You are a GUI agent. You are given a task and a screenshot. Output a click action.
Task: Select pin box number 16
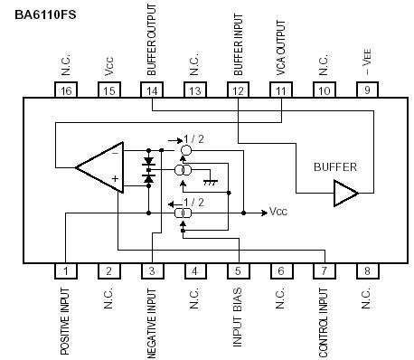pyautogui.click(x=66, y=90)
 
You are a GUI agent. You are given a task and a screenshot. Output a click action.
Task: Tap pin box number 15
pyautogui.click(x=108, y=90)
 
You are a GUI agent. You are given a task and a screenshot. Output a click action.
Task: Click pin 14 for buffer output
pyautogui.click(x=151, y=90)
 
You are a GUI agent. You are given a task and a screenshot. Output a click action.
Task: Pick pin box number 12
pyautogui.click(x=238, y=90)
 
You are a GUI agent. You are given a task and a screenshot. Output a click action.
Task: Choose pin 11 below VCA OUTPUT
pyautogui.click(x=281, y=90)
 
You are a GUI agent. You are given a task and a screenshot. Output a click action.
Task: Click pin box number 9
pyautogui.click(x=367, y=90)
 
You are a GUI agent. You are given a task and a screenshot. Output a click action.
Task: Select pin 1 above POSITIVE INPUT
pyautogui.click(x=66, y=270)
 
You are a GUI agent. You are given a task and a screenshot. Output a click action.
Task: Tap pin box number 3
pyautogui.click(x=151, y=270)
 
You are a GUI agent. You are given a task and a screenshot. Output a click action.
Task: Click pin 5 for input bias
pyautogui.click(x=238, y=270)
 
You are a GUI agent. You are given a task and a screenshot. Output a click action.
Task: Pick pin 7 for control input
pyautogui.click(x=324, y=270)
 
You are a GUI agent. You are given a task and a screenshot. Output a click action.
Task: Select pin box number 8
pyautogui.click(x=367, y=270)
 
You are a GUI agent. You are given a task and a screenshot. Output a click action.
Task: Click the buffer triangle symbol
pyautogui.click(x=345, y=193)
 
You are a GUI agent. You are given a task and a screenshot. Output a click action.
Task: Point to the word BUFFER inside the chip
pyautogui.click(x=335, y=167)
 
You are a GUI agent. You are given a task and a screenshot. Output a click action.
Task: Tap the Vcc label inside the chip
pyautogui.click(x=279, y=213)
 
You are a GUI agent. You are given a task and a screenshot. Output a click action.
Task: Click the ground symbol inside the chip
pyautogui.click(x=211, y=181)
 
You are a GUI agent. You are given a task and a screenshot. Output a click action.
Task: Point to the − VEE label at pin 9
pyautogui.click(x=367, y=62)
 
